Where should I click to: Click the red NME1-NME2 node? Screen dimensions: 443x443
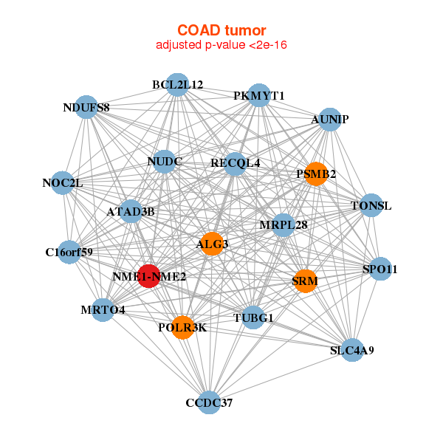(x=149, y=276)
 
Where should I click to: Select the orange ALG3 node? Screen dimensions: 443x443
(x=212, y=244)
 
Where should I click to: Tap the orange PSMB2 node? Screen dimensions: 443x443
(x=316, y=174)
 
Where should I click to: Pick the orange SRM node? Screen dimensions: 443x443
(x=305, y=281)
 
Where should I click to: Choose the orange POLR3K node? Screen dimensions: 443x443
(x=183, y=327)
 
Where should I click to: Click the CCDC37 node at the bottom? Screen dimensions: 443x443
(x=209, y=402)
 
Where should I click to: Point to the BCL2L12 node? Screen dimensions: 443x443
(x=177, y=84)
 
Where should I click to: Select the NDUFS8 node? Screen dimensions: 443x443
(x=86, y=107)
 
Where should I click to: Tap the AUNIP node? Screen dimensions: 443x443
(x=330, y=120)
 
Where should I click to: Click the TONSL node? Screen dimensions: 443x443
(x=371, y=205)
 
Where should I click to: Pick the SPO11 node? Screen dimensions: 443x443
(x=380, y=269)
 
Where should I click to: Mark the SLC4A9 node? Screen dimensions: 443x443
(x=352, y=350)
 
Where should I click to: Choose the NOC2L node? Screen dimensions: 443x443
(x=63, y=183)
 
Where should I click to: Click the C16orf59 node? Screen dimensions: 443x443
(x=69, y=252)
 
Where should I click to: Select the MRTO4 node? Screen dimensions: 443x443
(x=103, y=310)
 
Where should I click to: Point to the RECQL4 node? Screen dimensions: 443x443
(x=235, y=164)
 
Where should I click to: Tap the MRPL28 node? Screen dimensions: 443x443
(x=284, y=225)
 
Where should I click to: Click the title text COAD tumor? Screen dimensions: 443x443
(x=221, y=30)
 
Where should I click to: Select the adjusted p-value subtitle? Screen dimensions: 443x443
(x=221, y=45)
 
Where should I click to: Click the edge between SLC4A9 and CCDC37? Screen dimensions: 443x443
(x=281, y=377)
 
